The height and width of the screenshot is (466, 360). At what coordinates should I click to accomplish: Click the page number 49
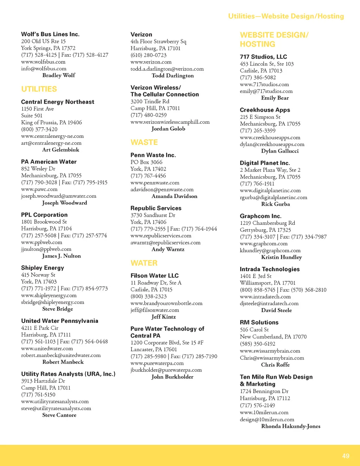tap(346, 456)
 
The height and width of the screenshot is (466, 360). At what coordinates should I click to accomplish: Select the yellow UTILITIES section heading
tap(39, 89)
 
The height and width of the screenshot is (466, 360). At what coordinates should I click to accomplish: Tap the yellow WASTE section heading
tap(144, 142)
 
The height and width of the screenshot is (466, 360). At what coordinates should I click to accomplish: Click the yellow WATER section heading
tap(144, 263)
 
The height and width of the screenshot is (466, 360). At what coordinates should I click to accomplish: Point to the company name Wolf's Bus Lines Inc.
tap(50, 34)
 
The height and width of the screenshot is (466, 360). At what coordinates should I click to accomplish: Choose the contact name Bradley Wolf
tap(59, 75)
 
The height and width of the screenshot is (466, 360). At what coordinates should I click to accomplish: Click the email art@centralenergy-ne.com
tap(51, 143)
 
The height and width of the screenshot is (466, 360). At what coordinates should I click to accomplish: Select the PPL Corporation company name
tap(44, 215)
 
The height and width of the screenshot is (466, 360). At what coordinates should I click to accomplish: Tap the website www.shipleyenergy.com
tap(49, 295)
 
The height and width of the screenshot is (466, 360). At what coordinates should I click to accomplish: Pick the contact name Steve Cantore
tap(59, 415)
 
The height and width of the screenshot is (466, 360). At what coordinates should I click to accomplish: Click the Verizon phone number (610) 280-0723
tap(148, 55)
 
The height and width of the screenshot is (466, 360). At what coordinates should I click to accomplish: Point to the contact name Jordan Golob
tap(168, 129)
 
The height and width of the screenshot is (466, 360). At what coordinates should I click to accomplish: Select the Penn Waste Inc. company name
tap(153, 155)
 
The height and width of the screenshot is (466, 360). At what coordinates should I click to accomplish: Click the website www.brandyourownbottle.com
tap(166, 303)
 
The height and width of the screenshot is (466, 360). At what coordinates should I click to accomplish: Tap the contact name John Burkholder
tap(172, 377)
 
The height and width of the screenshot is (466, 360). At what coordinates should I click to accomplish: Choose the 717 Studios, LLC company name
tap(263, 57)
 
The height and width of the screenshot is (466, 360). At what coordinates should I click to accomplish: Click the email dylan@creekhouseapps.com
tap(272, 144)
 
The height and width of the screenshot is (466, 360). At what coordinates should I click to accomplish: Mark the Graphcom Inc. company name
tap(261, 216)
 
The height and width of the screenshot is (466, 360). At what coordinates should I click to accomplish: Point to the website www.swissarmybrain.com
tap(270, 351)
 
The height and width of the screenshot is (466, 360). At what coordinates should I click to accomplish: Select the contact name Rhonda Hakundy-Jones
tap(291, 426)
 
